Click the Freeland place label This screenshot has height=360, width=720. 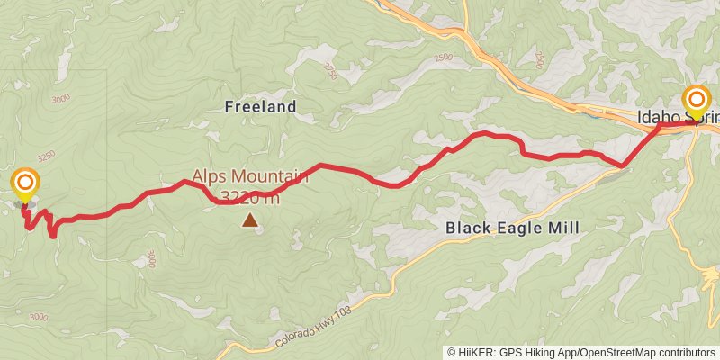click(x=259, y=107)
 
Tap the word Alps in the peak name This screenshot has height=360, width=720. click(x=209, y=177)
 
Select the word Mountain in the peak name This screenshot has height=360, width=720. click(x=270, y=177)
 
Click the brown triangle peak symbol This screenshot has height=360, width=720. click(x=248, y=219)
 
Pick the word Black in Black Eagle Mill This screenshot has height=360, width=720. click(x=468, y=229)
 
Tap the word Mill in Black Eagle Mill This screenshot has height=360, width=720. click(x=563, y=229)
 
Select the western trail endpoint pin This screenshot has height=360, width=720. click(x=24, y=184)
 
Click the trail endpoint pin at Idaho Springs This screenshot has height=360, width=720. click(x=698, y=100)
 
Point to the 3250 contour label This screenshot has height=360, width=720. click(x=46, y=156)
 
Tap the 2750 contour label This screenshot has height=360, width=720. click(x=331, y=72)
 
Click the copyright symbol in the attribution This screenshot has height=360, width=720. click(x=452, y=353)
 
